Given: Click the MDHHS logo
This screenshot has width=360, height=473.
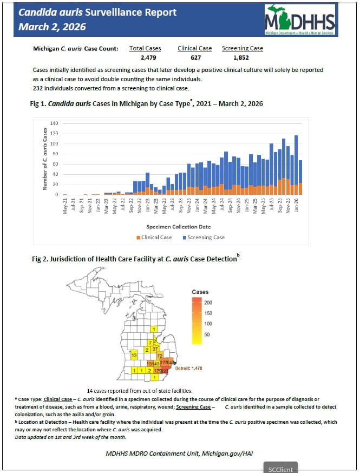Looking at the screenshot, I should [x=299, y=19].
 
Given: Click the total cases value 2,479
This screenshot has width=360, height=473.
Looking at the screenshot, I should [x=145, y=57].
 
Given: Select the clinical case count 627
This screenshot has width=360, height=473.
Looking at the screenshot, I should [x=194, y=57].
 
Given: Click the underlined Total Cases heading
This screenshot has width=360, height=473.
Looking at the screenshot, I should [x=145, y=48].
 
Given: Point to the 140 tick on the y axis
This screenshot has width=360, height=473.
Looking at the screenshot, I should [x=54, y=124].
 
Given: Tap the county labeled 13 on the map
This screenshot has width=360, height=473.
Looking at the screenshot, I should [x=133, y=355].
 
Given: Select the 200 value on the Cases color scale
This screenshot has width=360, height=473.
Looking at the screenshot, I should [x=208, y=303].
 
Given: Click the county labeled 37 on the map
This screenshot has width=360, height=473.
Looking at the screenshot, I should [x=155, y=349].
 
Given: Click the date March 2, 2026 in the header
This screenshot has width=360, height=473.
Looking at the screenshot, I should [x=52, y=27].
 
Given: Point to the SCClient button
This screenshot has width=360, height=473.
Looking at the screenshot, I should [x=280, y=468].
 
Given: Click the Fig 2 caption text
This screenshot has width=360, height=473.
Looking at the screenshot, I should [x=136, y=259].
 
